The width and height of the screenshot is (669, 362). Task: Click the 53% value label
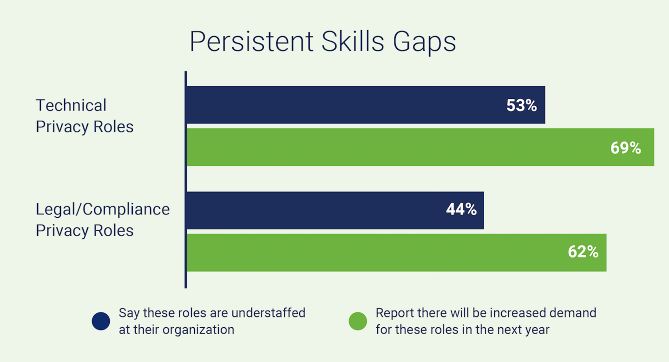click(x=521, y=105)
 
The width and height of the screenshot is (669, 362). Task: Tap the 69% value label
click(x=626, y=148)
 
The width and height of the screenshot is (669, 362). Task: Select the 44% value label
click(x=461, y=209)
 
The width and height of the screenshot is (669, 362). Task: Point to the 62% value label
click(x=583, y=252)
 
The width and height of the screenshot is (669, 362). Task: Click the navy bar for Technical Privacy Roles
click(x=366, y=105)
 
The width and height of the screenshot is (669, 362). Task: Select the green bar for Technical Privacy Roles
click(x=420, y=147)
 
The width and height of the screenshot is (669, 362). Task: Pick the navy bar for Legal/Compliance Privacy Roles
click(x=335, y=210)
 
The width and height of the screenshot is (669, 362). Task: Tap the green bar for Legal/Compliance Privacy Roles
click(x=396, y=252)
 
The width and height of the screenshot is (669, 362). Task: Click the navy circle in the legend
click(x=101, y=321)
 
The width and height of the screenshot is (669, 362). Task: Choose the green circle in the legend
click(x=358, y=321)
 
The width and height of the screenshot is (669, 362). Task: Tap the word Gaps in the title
click(x=425, y=43)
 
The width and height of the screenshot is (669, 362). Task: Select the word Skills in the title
click(x=353, y=41)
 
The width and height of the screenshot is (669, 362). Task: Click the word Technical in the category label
click(x=71, y=105)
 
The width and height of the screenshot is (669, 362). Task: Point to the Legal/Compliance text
click(x=103, y=209)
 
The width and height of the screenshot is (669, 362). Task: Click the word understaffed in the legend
click(x=268, y=313)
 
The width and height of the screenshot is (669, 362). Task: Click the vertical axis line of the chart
click(x=186, y=180)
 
